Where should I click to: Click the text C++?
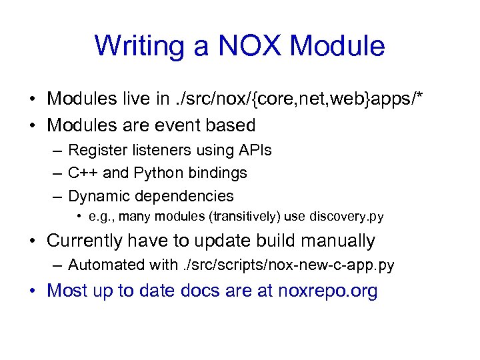(x=83, y=173)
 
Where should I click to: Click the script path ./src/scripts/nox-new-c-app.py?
(x=288, y=265)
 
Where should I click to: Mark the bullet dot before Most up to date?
(x=33, y=291)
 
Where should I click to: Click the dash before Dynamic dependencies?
(x=56, y=196)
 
